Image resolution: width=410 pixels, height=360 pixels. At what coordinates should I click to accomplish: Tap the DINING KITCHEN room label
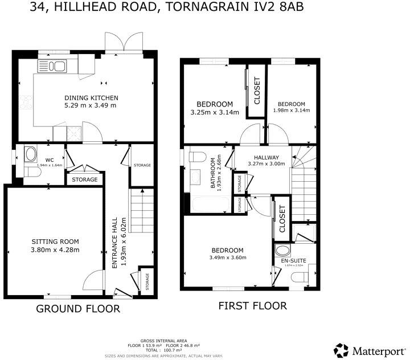(91, 97)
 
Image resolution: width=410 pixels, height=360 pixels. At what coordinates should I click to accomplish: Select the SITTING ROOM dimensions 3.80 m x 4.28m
(55, 249)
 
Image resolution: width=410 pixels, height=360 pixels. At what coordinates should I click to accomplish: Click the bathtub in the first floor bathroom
(208, 203)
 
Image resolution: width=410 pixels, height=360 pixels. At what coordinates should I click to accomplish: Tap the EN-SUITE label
(294, 260)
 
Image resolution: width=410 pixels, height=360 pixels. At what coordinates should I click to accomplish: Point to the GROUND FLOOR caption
(78, 309)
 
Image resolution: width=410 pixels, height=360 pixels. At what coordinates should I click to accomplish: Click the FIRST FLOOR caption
(253, 306)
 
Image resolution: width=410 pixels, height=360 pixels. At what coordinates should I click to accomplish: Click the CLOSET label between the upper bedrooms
(256, 91)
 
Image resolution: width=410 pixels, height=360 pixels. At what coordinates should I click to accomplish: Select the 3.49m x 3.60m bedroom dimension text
(228, 257)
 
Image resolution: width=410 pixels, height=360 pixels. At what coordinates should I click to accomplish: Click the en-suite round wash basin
(282, 251)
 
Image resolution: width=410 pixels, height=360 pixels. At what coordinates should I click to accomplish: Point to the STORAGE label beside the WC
(84, 179)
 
